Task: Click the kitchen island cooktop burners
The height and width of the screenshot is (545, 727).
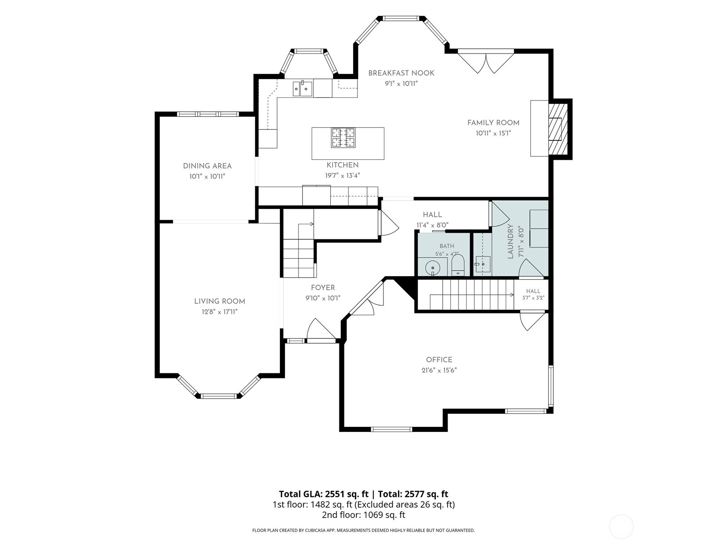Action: [343, 137]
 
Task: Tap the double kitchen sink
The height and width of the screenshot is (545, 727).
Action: [303, 89]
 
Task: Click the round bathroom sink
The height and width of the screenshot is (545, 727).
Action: [432, 267]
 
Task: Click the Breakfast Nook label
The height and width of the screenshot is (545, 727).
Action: [401, 73]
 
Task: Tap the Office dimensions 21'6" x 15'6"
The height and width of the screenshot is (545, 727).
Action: [439, 370]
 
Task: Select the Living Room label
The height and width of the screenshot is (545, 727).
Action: [219, 301]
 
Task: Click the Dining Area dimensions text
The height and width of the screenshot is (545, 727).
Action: [207, 176]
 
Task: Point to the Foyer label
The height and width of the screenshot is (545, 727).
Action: [323, 287]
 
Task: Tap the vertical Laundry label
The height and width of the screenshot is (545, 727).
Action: [510, 241]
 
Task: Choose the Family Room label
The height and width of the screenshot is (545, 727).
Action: [493, 123]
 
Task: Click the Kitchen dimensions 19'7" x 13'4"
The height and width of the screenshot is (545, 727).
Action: [343, 175]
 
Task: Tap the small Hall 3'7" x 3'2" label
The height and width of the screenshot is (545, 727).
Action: [533, 294]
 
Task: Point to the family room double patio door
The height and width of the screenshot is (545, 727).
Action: [486, 62]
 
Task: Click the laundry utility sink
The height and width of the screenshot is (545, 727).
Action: [482, 264]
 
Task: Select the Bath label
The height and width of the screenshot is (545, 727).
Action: [447, 246]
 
